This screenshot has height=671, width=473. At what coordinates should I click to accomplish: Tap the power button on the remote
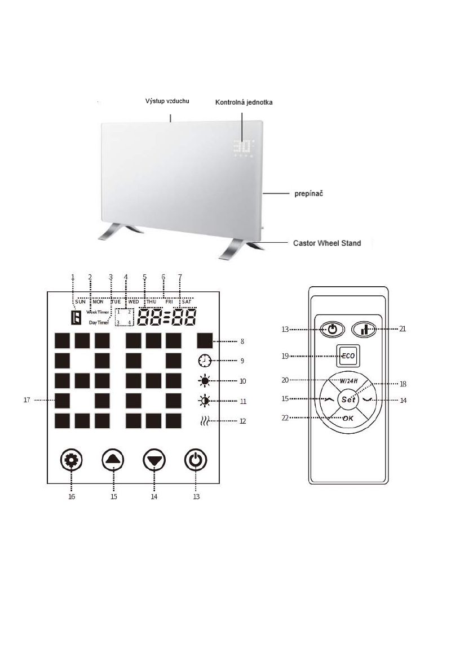pyautogui.click(x=331, y=330)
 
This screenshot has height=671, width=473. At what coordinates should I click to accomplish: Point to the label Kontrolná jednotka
pyautogui.click(x=244, y=103)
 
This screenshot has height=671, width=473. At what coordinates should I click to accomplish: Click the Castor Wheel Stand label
pyautogui.click(x=326, y=243)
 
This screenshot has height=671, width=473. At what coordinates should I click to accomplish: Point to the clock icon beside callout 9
pyautogui.click(x=204, y=361)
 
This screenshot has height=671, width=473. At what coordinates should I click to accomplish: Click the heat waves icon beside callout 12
pyautogui.click(x=204, y=420)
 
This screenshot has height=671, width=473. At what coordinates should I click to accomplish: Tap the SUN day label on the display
pyautogui.click(x=80, y=301)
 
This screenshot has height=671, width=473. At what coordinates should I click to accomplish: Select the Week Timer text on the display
pyautogui.click(x=98, y=312)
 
